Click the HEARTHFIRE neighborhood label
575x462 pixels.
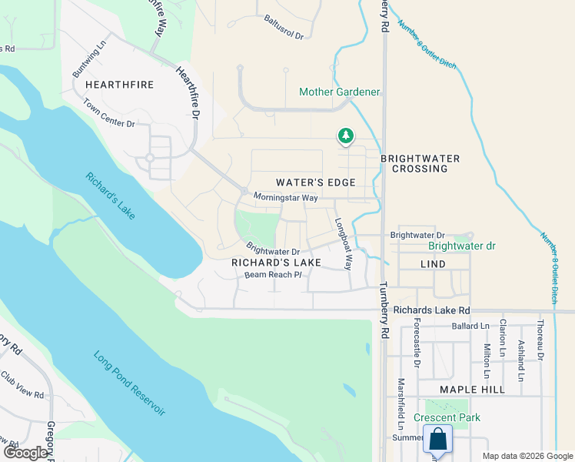119,84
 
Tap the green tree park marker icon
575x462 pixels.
346,136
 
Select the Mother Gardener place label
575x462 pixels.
339,92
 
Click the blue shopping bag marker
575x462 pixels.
437,440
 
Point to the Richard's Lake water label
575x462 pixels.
111,195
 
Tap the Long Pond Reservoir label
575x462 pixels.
129,383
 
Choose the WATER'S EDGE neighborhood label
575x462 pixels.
315,182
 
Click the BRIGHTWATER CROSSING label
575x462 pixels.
420,164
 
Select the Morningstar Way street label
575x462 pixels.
285,198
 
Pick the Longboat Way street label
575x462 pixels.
343,244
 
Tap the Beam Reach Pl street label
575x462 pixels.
272,275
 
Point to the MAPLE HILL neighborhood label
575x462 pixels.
472,390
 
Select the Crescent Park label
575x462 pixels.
447,418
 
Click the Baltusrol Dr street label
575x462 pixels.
284,27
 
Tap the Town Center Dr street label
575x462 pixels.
108,113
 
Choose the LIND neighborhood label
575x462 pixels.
433,263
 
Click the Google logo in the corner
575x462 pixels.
25,453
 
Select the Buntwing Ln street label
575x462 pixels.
87,56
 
